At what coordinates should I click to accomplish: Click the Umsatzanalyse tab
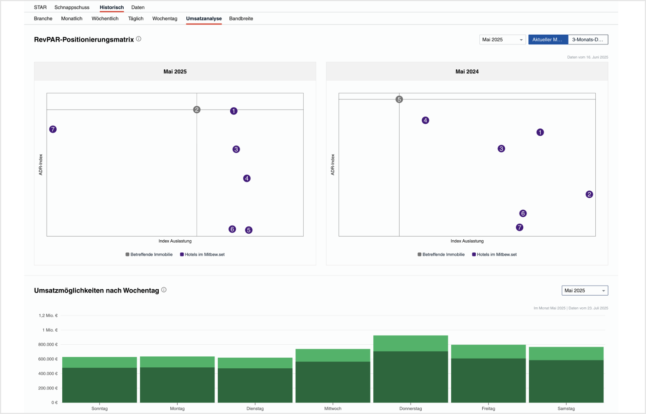tap(203, 18)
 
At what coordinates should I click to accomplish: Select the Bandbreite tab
tap(241, 18)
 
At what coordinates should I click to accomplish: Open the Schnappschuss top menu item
tap(72, 7)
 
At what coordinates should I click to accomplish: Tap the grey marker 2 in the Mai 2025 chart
tap(197, 110)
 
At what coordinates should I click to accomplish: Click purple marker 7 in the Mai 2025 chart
tap(53, 129)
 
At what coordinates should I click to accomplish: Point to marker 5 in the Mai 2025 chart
tap(249, 230)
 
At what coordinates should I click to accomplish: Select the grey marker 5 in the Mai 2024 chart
tap(399, 99)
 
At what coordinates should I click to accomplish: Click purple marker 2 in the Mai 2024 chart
tap(589, 195)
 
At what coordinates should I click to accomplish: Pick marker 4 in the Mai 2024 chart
tap(425, 121)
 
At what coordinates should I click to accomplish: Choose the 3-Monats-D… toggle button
tap(588, 40)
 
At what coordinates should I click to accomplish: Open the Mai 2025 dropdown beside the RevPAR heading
tap(502, 40)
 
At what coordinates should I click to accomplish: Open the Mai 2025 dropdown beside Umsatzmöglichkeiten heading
tap(585, 291)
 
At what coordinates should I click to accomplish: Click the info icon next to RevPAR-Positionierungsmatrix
tap(138, 39)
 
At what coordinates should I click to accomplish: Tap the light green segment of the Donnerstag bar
tap(410, 343)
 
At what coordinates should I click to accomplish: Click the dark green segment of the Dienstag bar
tap(255, 385)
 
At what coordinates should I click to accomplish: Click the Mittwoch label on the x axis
tap(333, 408)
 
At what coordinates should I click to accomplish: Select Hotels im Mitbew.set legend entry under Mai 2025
tap(202, 255)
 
